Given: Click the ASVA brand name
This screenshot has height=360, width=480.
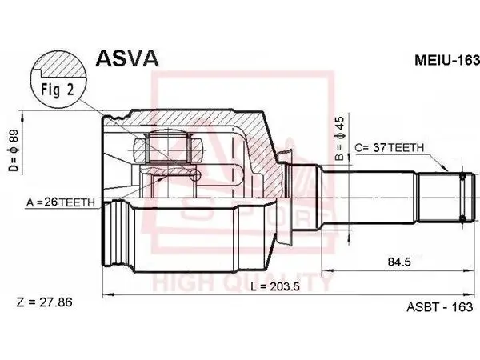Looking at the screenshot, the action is [127, 58].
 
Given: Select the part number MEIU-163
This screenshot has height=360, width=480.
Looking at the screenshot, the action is [447, 60].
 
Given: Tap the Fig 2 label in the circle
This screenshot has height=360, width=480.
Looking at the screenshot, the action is [58, 90].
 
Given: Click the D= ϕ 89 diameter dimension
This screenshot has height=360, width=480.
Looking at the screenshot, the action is [14, 150].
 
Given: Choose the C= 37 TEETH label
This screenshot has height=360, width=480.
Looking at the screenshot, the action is [390, 148].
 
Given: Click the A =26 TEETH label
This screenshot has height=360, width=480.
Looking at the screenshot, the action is [61, 202].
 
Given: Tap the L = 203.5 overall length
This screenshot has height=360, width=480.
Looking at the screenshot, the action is [275, 287].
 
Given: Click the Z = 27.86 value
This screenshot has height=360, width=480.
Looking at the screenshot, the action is [45, 302].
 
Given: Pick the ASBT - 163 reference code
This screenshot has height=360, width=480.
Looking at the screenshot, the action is [439, 306].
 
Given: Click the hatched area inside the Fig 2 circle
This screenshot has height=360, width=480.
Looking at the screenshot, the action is [62, 65].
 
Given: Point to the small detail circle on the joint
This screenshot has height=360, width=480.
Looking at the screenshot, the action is [195, 175].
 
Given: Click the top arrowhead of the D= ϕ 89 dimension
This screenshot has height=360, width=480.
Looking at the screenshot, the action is [22, 117].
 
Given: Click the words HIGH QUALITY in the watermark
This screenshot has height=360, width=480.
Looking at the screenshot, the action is [242, 282].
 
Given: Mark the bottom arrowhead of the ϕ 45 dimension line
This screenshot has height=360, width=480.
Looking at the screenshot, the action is [349, 237].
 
